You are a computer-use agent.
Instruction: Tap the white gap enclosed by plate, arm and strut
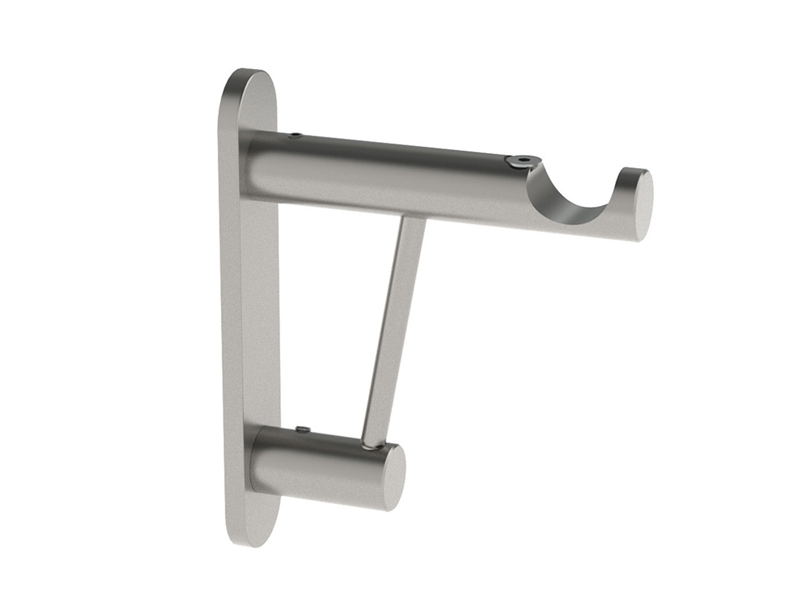327,321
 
